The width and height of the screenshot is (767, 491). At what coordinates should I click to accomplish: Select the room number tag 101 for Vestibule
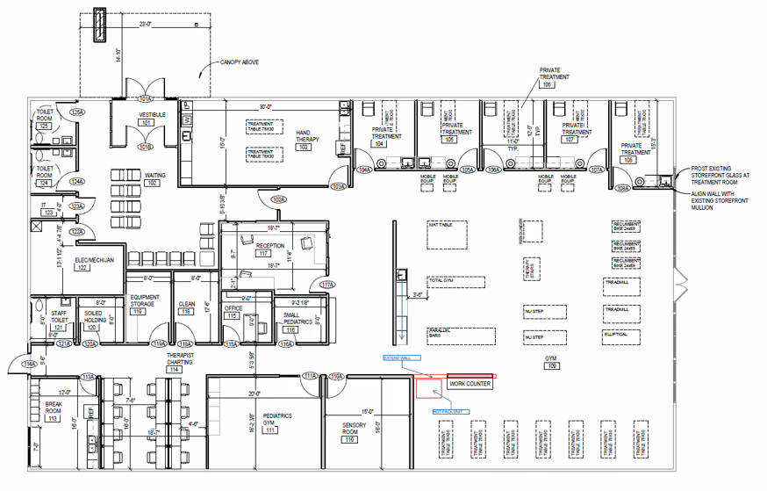click(147, 123)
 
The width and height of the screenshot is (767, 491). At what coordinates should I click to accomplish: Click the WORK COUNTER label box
click(470, 384)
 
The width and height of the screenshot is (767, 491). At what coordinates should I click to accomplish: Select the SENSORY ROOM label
click(354, 429)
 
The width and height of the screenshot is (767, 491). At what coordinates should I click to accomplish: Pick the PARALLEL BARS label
click(437, 333)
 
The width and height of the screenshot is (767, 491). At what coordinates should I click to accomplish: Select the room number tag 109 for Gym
click(551, 366)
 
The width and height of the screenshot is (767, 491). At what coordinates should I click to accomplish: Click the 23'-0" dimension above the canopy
click(146, 24)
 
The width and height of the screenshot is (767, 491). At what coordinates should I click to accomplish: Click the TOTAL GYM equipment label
click(440, 281)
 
